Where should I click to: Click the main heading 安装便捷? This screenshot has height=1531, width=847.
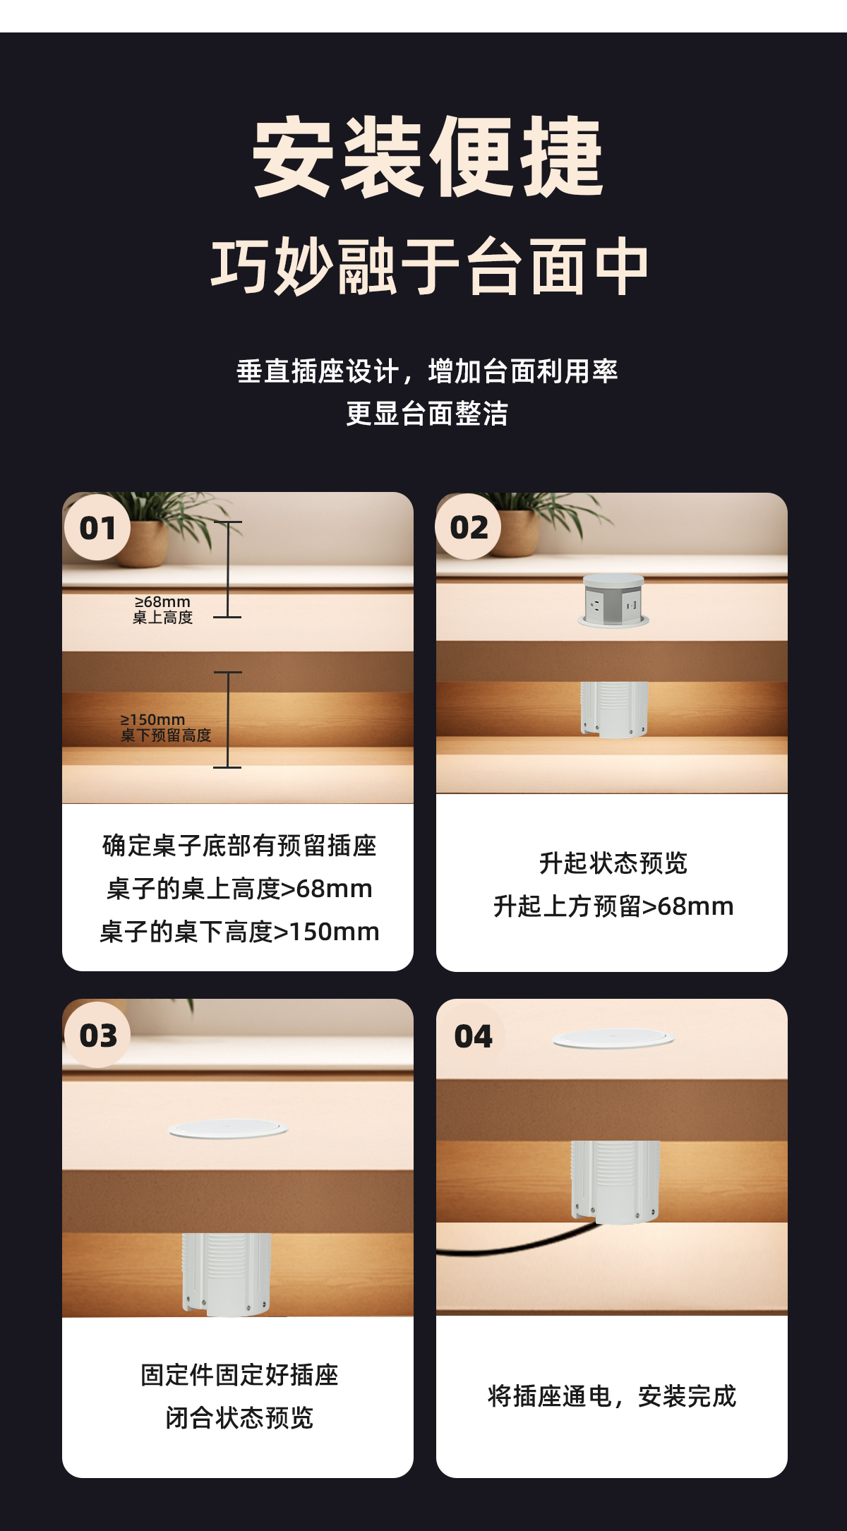427,157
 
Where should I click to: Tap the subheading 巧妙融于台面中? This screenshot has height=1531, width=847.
429,266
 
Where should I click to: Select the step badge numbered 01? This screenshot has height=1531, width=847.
97,528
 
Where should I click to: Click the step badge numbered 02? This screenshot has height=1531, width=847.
469,527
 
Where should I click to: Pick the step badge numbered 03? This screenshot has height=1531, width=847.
97,1035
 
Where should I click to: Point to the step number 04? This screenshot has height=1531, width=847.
473,1036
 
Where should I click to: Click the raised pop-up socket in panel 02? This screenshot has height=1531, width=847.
613,600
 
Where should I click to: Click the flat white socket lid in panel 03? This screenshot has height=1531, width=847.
229,1129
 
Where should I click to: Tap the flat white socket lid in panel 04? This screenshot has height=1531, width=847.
613,1038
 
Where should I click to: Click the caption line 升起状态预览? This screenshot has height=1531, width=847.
613,863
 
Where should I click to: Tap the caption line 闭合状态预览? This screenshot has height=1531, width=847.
239,1417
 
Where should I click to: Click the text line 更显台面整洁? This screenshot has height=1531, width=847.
427,414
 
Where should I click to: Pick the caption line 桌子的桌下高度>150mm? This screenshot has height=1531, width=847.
240,932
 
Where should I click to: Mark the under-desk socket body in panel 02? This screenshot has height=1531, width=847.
614,709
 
